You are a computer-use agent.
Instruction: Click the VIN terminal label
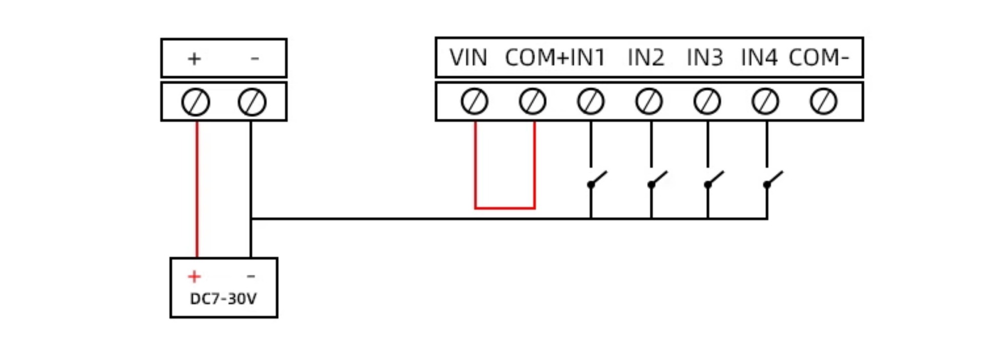coord(468,57)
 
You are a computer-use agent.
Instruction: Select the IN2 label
coord(646,57)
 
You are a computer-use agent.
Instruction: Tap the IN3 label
coord(705,57)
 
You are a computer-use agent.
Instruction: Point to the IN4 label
coord(759,57)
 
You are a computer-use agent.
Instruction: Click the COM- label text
coord(819,57)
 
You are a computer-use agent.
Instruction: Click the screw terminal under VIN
coord(474,101)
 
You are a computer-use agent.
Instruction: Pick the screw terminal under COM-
coord(823,101)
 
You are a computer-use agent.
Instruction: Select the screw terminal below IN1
coord(590,101)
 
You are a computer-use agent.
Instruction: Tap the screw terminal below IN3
coord(707,101)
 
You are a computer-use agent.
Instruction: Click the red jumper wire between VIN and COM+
coord(505,208)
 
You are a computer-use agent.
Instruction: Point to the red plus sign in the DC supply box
coord(194,276)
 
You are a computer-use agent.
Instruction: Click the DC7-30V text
coord(223,298)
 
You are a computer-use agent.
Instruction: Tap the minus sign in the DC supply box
coord(251,276)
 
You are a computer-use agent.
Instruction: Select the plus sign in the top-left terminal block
coord(194,59)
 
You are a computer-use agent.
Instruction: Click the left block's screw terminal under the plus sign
coord(195,102)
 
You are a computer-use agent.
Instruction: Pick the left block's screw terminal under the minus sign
coord(252,102)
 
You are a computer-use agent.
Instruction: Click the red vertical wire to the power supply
coord(197,190)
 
